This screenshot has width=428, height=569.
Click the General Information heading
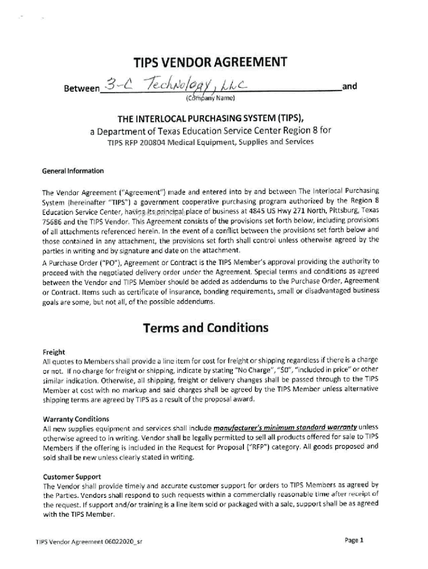coord(73,171)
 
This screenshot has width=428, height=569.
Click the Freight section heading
coord(54,352)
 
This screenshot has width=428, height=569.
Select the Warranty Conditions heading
coord(76,418)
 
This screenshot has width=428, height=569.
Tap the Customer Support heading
coord(72,476)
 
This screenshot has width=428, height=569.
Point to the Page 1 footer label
coord(354,540)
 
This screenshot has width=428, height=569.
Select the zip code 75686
coord(53,220)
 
